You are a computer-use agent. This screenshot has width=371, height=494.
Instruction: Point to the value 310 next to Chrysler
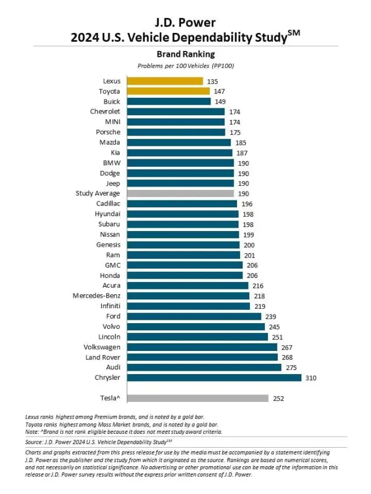(312, 378)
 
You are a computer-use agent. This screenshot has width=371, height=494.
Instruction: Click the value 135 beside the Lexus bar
(212, 81)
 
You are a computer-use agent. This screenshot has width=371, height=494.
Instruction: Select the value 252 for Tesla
(279, 398)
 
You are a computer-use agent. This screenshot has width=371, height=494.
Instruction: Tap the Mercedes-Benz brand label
(96, 296)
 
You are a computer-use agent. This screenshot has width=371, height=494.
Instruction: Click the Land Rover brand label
(103, 357)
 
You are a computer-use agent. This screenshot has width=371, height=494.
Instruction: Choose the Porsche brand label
(108, 132)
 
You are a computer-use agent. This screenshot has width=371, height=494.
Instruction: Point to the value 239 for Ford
(271, 316)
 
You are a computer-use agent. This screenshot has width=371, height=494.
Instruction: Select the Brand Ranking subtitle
(185, 54)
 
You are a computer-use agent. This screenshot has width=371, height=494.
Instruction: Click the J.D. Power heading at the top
(185, 23)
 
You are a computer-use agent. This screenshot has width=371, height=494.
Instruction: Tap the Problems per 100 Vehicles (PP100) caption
(185, 65)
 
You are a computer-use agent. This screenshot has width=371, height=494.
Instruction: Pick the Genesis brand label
(108, 244)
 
